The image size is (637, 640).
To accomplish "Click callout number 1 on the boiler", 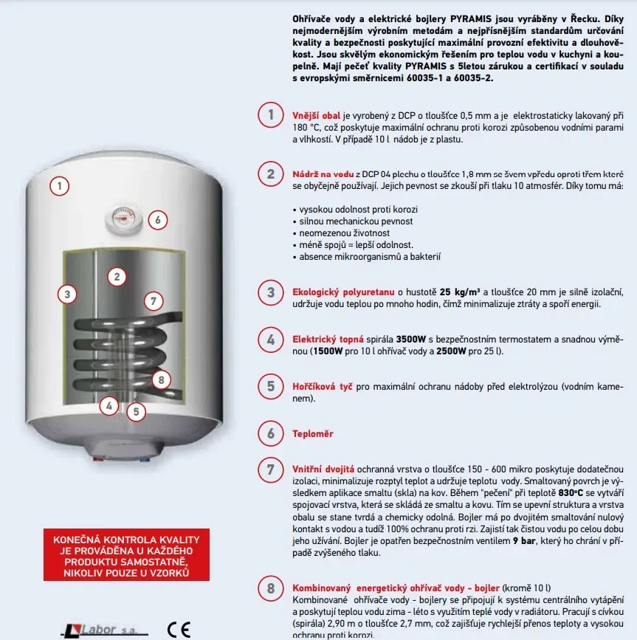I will click(x=59, y=185).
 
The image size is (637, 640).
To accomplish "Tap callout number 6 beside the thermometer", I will click(x=156, y=219).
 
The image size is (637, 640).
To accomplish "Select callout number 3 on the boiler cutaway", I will click(x=67, y=294).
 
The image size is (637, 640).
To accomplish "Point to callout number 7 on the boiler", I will click(x=153, y=300).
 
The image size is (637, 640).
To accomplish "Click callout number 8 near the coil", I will click(x=161, y=380).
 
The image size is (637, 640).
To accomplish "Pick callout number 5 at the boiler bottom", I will click(x=135, y=411).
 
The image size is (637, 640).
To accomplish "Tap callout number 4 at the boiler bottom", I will click(x=109, y=405).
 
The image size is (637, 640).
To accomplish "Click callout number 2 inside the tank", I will click(x=117, y=277).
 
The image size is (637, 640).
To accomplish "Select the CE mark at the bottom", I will click(x=179, y=630).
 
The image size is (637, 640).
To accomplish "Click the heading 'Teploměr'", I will click(x=313, y=434).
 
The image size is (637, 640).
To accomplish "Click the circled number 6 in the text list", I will click(x=271, y=433).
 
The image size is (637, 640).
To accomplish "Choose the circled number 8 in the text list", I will click(x=271, y=589).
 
